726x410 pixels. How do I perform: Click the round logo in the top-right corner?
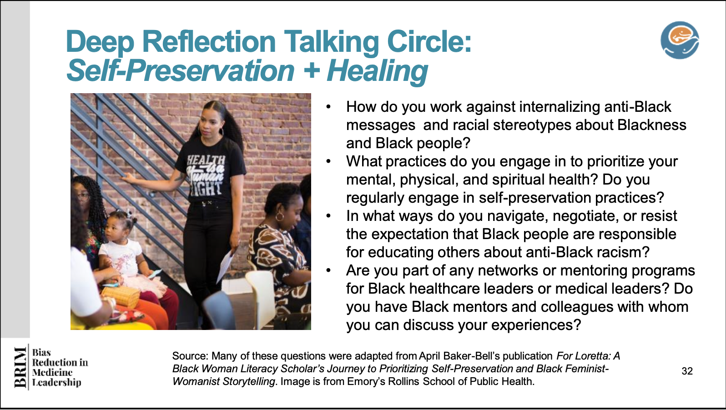pos(680,40)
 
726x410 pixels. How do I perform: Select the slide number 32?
pos(687,371)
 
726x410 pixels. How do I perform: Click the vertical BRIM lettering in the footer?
pos(20,367)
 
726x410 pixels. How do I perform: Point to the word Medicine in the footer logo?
pos(52,372)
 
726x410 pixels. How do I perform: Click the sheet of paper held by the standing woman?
pos(226,265)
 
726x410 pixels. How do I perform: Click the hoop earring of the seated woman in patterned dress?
pos(279,216)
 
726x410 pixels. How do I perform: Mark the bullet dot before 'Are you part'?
pos(328,270)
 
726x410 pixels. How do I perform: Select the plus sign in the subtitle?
pos(312,70)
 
